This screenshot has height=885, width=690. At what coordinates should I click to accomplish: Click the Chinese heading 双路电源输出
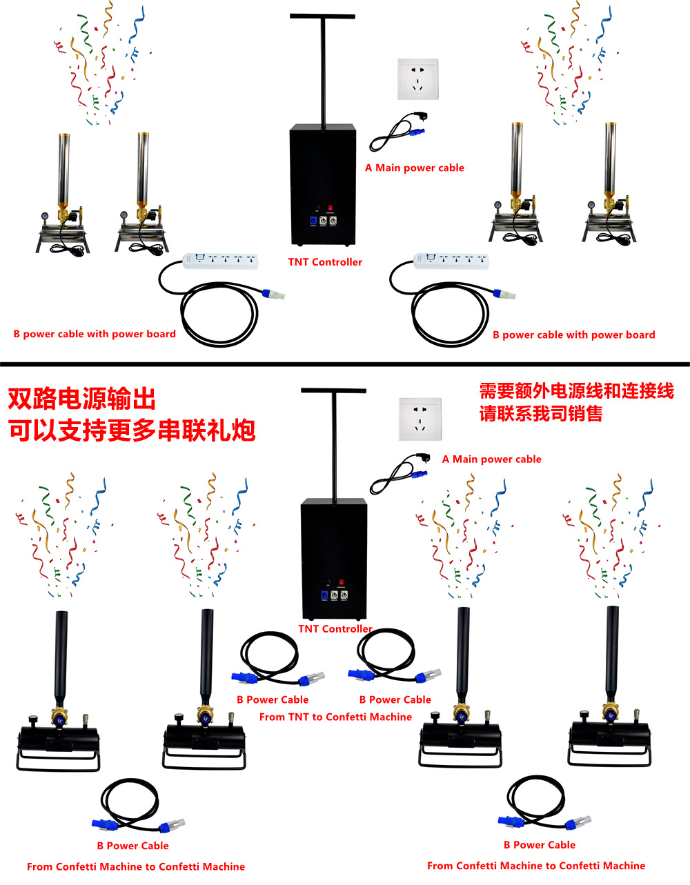click(82, 399)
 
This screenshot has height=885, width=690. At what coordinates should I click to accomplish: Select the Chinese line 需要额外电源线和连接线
click(576, 391)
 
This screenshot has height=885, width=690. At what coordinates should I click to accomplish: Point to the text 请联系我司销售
click(540, 413)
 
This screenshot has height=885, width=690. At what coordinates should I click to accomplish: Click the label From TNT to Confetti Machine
click(335, 717)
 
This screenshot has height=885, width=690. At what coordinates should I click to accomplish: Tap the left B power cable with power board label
click(95, 334)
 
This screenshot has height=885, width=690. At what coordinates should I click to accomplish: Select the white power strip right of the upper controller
click(451, 261)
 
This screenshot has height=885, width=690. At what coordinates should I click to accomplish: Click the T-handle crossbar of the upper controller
click(322, 17)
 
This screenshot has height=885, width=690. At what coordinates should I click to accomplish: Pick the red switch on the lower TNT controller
click(342, 582)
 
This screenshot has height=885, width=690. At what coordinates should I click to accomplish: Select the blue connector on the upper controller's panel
click(313, 220)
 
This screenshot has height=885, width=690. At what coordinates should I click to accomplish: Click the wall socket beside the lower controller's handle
click(420, 419)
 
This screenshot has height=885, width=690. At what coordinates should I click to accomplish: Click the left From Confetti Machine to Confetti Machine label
click(136, 866)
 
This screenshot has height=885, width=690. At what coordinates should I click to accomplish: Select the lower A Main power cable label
click(492, 459)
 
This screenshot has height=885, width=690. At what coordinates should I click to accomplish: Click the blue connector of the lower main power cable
click(420, 474)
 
